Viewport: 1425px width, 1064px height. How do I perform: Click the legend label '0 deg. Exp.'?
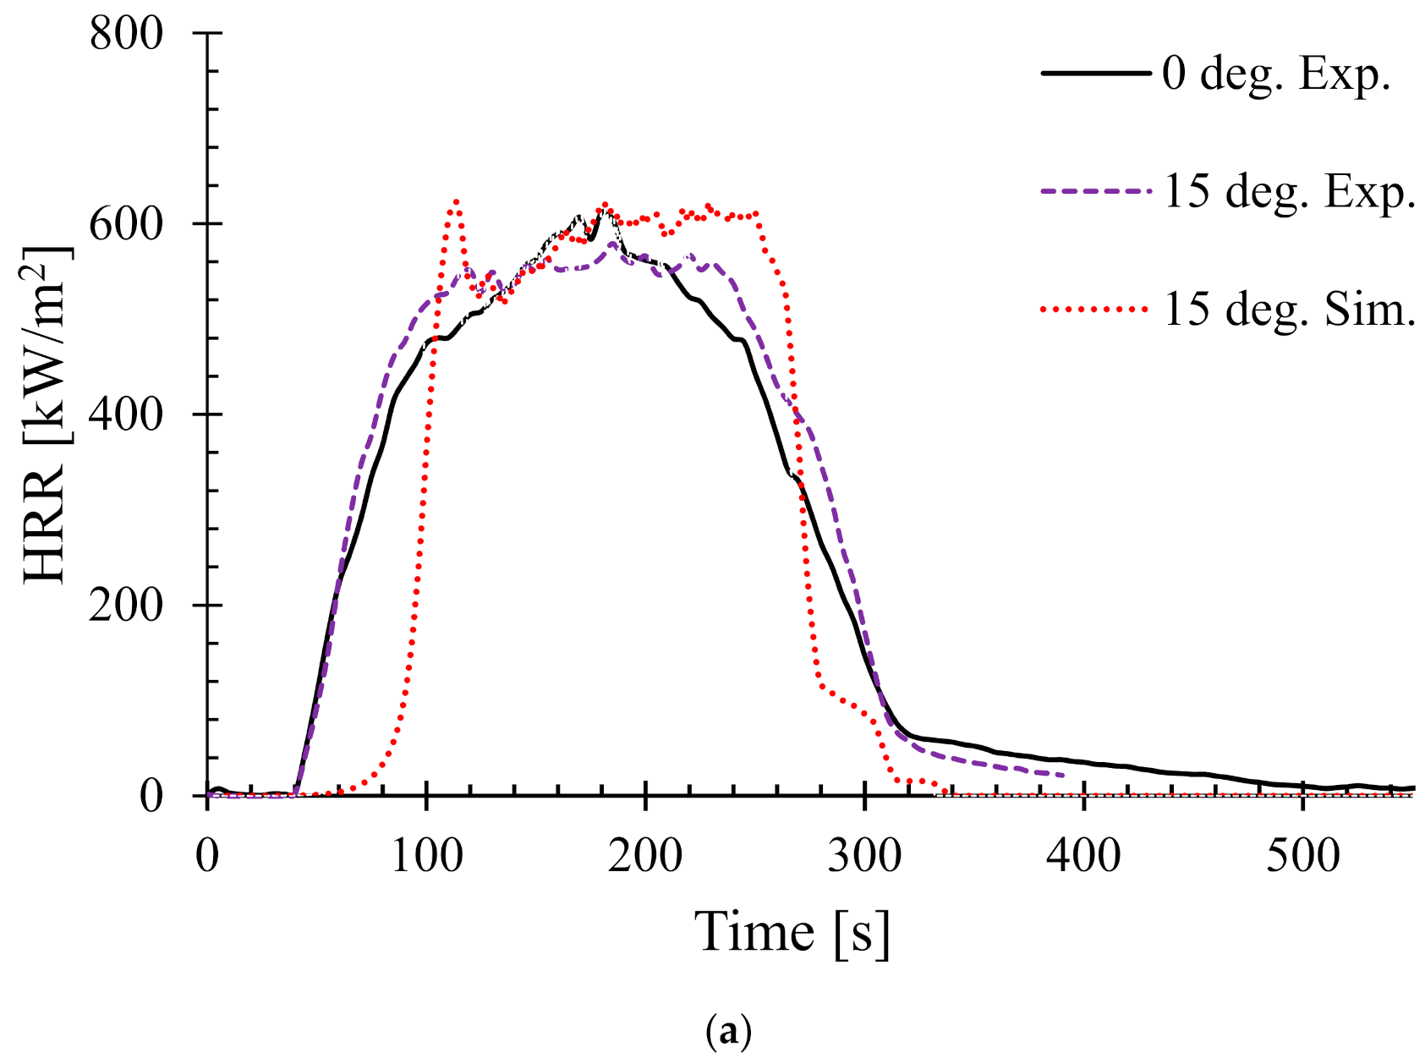pyautogui.click(x=1276, y=74)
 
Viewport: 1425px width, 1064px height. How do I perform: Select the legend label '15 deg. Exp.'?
pyautogui.click(x=1289, y=192)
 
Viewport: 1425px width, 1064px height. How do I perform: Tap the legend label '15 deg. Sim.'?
pyautogui.click(x=1289, y=310)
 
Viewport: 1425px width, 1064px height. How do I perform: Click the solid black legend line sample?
pyautogui.click(x=1096, y=74)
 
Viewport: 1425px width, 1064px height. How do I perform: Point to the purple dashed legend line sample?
pyautogui.click(x=1096, y=192)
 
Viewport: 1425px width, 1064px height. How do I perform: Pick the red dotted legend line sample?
pyautogui.click(x=1096, y=310)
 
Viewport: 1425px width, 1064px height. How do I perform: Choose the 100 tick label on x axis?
pyautogui.click(x=426, y=856)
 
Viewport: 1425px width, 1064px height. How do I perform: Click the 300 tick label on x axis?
pyautogui.click(x=864, y=856)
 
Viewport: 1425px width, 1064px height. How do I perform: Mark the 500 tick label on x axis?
pyautogui.click(x=1302, y=856)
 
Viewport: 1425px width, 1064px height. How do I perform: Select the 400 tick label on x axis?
pyautogui.click(x=1083, y=856)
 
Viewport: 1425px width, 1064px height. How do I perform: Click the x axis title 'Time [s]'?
pyautogui.click(x=792, y=933)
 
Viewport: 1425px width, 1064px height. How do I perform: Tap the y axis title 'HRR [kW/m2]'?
pyautogui.click(x=47, y=414)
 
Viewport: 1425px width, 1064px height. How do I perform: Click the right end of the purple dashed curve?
pyautogui.click(x=1062, y=775)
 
